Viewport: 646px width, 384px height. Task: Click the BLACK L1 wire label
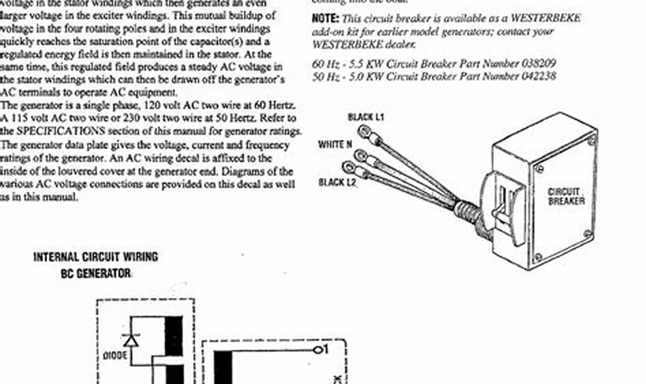366,117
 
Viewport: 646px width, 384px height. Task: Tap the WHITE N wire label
335,145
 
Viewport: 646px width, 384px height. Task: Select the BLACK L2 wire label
338,182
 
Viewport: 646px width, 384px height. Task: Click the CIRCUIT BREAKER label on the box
566,197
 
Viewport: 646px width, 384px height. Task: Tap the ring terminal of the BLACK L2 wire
349,167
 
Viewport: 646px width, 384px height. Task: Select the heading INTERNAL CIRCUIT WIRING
96,257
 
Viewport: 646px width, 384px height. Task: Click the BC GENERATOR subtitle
96,274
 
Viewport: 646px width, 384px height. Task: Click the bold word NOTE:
325,19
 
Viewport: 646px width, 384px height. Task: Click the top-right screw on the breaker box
591,141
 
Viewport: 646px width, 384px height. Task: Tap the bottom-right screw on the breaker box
587,233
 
